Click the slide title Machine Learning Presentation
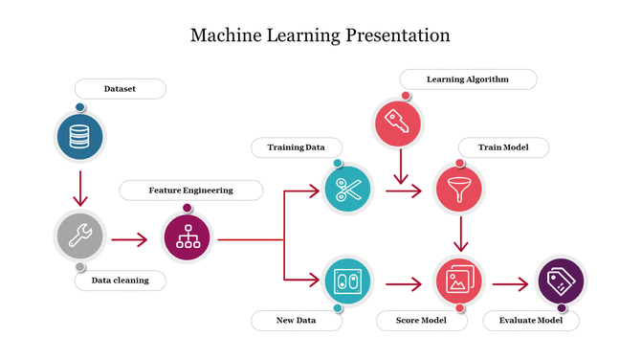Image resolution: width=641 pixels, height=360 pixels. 320,36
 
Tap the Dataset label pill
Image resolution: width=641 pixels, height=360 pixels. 120,89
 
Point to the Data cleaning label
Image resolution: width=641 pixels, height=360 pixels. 120,281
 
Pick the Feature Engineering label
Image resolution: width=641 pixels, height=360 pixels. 190,191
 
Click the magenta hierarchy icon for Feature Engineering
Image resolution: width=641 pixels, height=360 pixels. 187,236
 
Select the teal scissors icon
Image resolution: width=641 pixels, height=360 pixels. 347,190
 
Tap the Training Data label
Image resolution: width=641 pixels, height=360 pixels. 296,147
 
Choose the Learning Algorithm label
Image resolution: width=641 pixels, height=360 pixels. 467,79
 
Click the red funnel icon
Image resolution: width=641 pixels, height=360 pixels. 459,189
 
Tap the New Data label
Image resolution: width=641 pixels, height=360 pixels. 297,321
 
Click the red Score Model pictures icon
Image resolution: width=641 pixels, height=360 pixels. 459,281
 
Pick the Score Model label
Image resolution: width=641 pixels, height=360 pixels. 421,321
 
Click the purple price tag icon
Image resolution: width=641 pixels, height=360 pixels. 560,281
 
